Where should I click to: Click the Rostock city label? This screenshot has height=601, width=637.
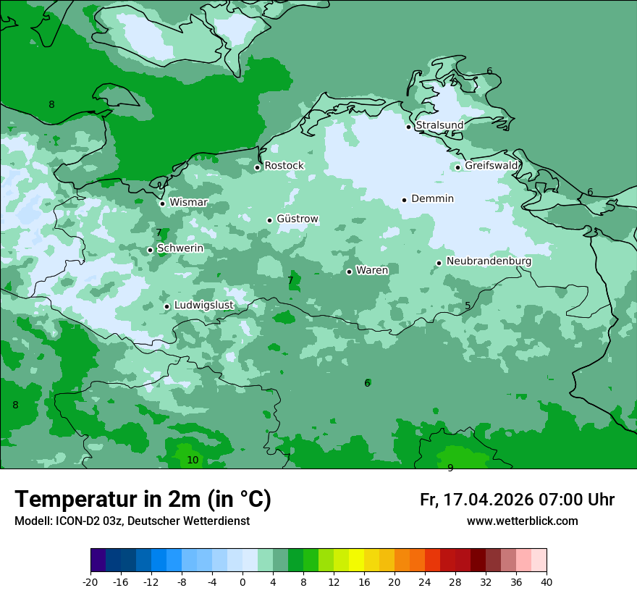pyautogui.click(x=284, y=166)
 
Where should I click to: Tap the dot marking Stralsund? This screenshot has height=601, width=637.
pyautogui.click(x=408, y=127)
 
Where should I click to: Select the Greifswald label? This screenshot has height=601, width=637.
pyautogui.click(x=491, y=166)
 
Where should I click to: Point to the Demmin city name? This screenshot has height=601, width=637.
pyautogui.click(x=432, y=199)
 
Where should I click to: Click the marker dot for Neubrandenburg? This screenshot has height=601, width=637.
pyautogui.click(x=439, y=263)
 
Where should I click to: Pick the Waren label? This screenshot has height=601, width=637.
pyautogui.click(x=372, y=271)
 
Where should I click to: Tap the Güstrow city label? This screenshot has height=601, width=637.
pyautogui.click(x=297, y=219)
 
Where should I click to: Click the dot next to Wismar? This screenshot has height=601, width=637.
pyautogui.click(x=162, y=203)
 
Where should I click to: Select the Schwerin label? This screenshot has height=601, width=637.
pyautogui.click(x=180, y=248)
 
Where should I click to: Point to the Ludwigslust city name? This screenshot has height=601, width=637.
pyautogui.click(x=203, y=306)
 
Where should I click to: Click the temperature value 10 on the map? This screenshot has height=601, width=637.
pyautogui.click(x=193, y=461)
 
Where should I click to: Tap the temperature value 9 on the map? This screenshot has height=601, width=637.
pyautogui.click(x=450, y=468)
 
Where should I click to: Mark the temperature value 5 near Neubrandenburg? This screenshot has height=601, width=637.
pyautogui.click(x=468, y=306)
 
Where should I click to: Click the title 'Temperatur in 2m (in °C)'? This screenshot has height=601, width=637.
pyautogui.click(x=143, y=500)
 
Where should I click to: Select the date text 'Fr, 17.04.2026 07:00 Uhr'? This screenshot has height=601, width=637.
pyautogui.click(x=517, y=500)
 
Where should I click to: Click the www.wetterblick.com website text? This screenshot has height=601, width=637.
pyautogui.click(x=522, y=521)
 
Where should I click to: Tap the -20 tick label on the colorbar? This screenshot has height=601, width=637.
pyautogui.click(x=90, y=582)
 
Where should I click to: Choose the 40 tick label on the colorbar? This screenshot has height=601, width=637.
pyautogui.click(x=547, y=582)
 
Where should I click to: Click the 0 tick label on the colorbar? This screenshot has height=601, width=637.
pyautogui.click(x=242, y=582)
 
